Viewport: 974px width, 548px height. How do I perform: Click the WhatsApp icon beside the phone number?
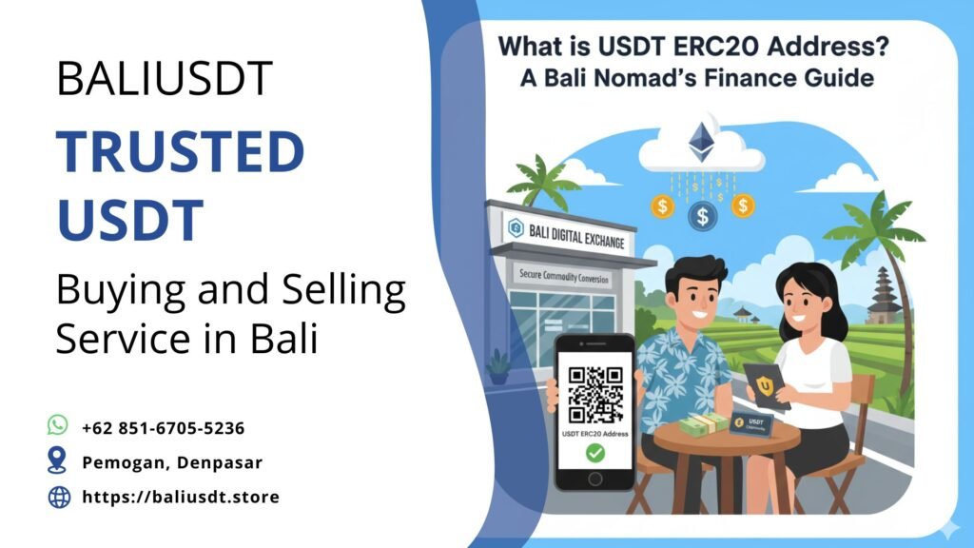coord(58,425)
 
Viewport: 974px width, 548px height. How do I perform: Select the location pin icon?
coord(58,461)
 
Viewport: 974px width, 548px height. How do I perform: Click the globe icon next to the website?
coord(59,497)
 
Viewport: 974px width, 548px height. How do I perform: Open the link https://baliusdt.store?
coord(181,497)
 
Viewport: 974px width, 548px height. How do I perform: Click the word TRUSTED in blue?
coord(180,151)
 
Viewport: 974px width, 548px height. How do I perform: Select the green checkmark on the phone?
coord(594,454)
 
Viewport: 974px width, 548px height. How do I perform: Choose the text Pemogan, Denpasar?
coord(172,462)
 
